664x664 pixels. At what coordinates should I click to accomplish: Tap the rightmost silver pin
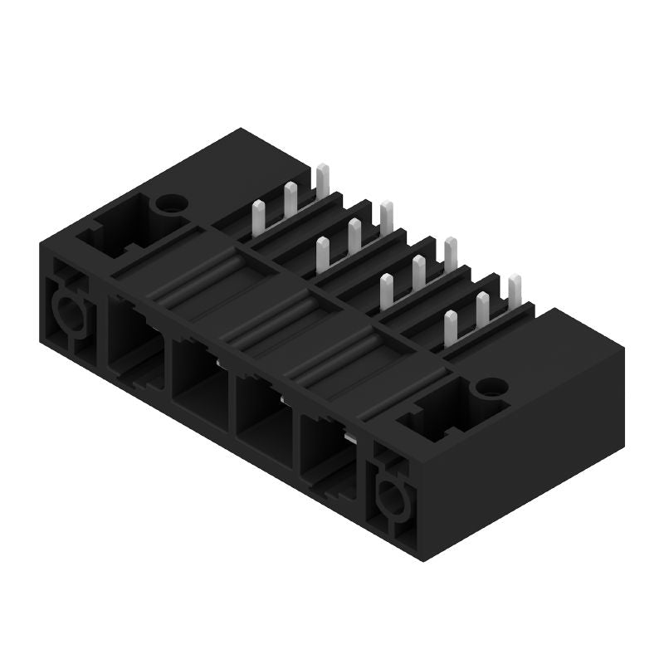515,295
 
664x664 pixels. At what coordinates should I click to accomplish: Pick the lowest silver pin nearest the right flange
450,329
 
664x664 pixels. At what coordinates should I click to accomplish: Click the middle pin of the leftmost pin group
290,200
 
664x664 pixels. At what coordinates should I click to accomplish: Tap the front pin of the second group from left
322,254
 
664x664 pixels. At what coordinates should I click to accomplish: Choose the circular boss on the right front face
388,498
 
